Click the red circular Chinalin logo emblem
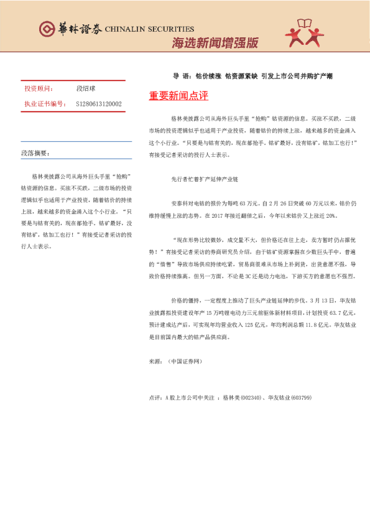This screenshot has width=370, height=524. tap(46, 29)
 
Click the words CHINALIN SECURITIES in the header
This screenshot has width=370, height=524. tap(149, 29)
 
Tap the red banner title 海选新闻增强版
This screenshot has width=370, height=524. tap(215, 43)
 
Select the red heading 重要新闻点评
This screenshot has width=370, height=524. tap(178, 96)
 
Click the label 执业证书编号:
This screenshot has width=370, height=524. tap(45, 104)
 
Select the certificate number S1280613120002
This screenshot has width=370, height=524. tap(99, 104)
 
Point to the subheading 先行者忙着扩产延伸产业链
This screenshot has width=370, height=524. tap(205, 179)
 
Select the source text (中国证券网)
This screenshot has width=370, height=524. tap(185, 361)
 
